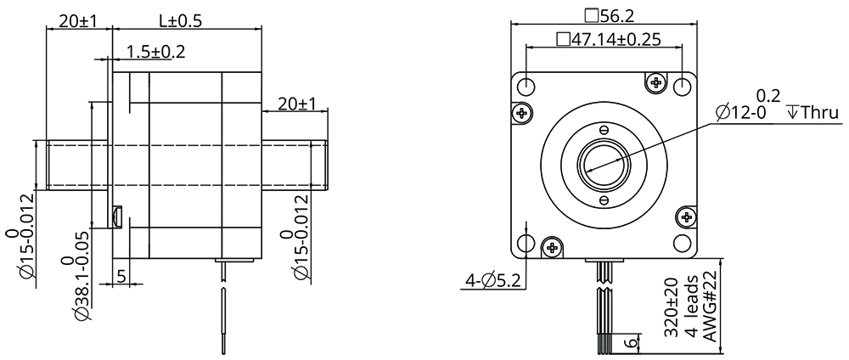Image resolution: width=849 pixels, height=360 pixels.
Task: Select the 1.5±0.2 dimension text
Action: click(x=155, y=52)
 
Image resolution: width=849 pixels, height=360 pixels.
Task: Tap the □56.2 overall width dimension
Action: click(x=604, y=14)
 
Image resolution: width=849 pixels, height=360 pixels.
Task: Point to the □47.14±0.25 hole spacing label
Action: click(x=608, y=39)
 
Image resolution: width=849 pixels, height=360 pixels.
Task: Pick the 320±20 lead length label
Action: click(x=671, y=309)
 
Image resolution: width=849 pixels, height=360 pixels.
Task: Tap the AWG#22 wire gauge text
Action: click(x=711, y=308)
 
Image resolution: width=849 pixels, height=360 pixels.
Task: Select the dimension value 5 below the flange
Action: click(x=121, y=275)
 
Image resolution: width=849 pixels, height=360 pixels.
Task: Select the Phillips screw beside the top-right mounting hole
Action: click(x=655, y=82)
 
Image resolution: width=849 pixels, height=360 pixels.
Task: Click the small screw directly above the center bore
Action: click(x=604, y=130)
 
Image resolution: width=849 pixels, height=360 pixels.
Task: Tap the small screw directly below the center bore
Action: click(x=604, y=200)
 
